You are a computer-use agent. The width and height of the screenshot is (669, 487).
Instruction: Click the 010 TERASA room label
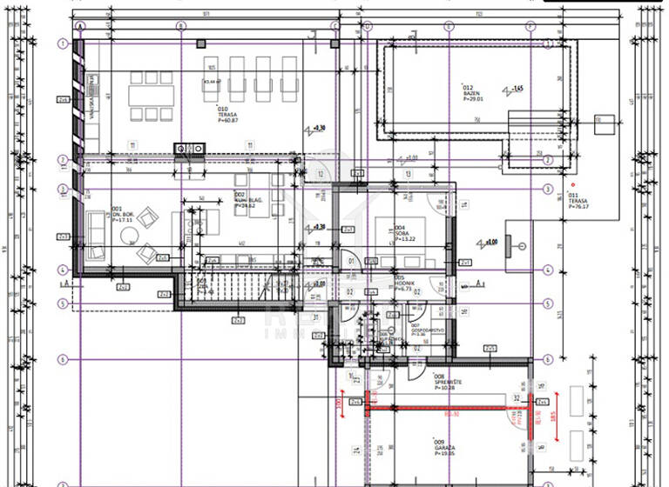(x=229, y=115)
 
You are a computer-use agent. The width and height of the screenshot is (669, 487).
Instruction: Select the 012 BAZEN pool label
(x=471, y=93)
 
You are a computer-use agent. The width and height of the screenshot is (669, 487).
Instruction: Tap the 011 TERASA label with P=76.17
(x=578, y=202)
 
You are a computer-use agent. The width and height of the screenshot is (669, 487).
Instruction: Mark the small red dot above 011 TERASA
(x=572, y=184)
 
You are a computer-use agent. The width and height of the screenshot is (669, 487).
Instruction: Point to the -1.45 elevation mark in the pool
(x=516, y=89)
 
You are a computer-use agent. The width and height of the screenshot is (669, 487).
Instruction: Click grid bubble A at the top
(x=80, y=26)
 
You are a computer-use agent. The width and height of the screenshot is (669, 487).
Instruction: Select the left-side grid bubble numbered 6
(x=63, y=359)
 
